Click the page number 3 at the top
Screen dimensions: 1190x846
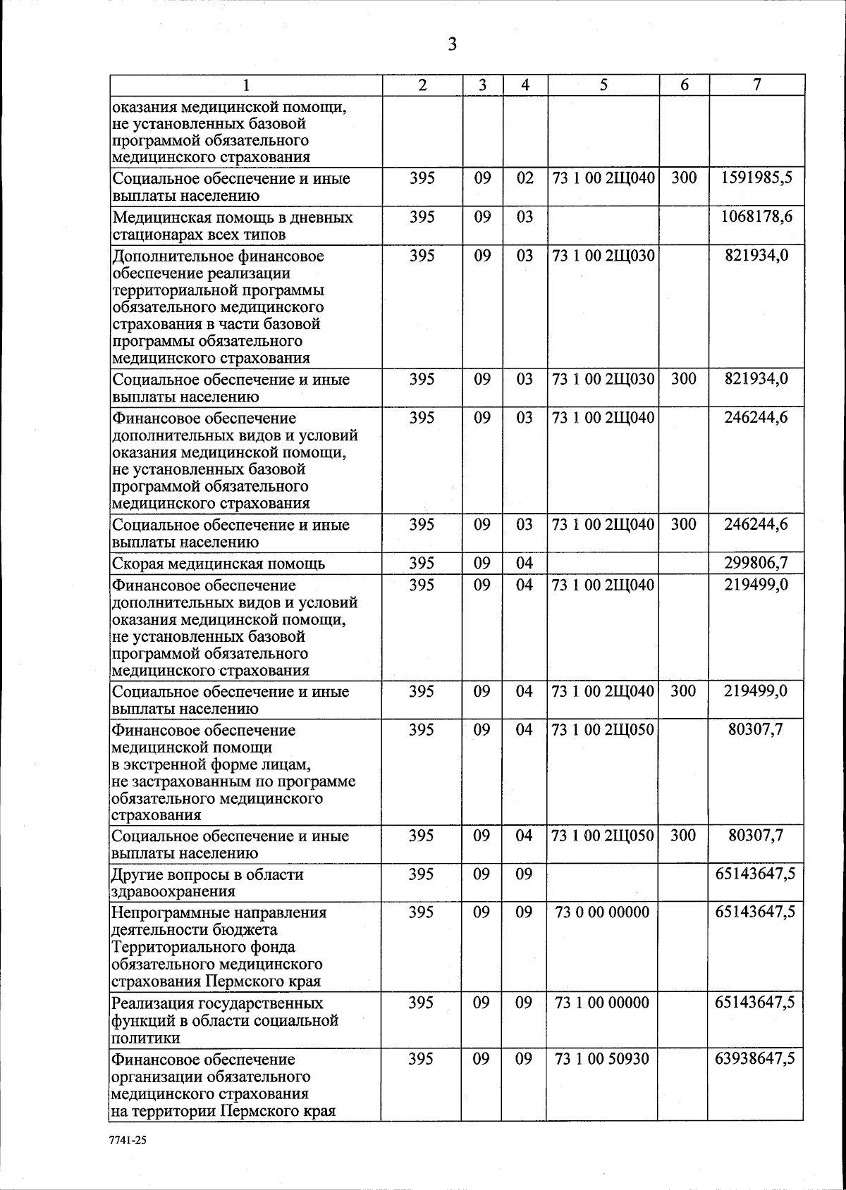click(x=452, y=45)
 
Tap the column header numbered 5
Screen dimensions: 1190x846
click(x=603, y=85)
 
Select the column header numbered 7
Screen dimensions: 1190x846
click(x=756, y=85)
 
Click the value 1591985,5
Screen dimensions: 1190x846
click(x=756, y=178)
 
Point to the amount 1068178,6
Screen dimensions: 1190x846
click(x=756, y=216)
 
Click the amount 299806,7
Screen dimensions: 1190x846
click(x=756, y=562)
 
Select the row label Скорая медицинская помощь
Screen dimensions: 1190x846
click(x=219, y=564)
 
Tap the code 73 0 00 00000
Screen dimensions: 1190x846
click(x=602, y=912)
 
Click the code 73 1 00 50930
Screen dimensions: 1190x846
click(x=602, y=1059)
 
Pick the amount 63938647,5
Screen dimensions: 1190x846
click(x=755, y=1059)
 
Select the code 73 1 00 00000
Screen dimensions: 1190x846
click(x=602, y=1003)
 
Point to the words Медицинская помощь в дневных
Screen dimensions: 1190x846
click(x=233, y=218)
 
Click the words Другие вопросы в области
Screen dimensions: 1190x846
click(x=207, y=875)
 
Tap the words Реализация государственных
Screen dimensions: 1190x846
click(x=217, y=1003)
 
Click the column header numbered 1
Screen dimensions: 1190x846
click(x=245, y=85)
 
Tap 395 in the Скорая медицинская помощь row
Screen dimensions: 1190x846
click(x=422, y=562)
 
